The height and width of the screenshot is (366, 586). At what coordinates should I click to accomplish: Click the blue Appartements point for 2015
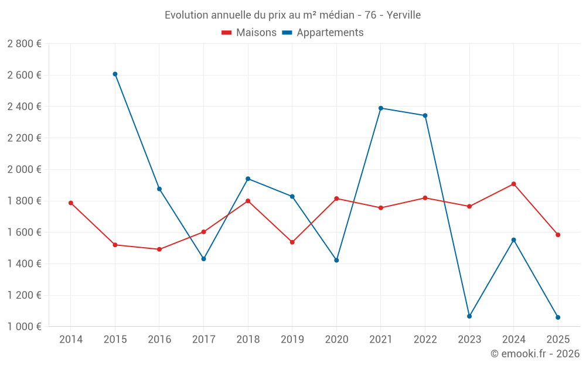[x=115, y=74]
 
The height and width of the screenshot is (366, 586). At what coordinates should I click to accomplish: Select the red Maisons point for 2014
[x=71, y=203]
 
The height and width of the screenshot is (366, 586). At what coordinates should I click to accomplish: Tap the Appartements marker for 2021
[x=381, y=108]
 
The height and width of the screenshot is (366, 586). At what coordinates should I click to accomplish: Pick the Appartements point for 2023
[x=469, y=316]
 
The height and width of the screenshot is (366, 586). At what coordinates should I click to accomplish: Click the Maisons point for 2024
[x=513, y=184]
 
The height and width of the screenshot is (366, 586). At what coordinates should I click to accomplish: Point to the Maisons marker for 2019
[x=292, y=242]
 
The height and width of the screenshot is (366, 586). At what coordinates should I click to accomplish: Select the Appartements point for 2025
[x=558, y=317]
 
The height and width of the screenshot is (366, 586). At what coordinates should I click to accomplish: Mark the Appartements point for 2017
[x=203, y=259]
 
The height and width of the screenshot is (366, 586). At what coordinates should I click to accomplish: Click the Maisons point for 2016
[x=159, y=249]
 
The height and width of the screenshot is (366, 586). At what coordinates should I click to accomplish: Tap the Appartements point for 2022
[x=425, y=115]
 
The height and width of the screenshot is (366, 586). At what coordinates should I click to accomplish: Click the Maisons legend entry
[x=249, y=33]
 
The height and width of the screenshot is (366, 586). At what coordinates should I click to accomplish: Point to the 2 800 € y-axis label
[x=24, y=44]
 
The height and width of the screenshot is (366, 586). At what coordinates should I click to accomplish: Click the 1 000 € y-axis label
[x=24, y=327]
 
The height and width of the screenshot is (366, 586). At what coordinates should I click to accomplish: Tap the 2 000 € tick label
[x=24, y=169]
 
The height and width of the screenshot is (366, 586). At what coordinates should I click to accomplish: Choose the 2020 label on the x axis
[x=336, y=339]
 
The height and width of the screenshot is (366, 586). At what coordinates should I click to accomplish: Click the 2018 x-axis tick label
[x=248, y=339]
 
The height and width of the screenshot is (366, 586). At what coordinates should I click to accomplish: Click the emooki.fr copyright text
[x=535, y=354]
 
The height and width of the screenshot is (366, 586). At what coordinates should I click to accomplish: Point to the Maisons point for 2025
[x=558, y=235]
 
